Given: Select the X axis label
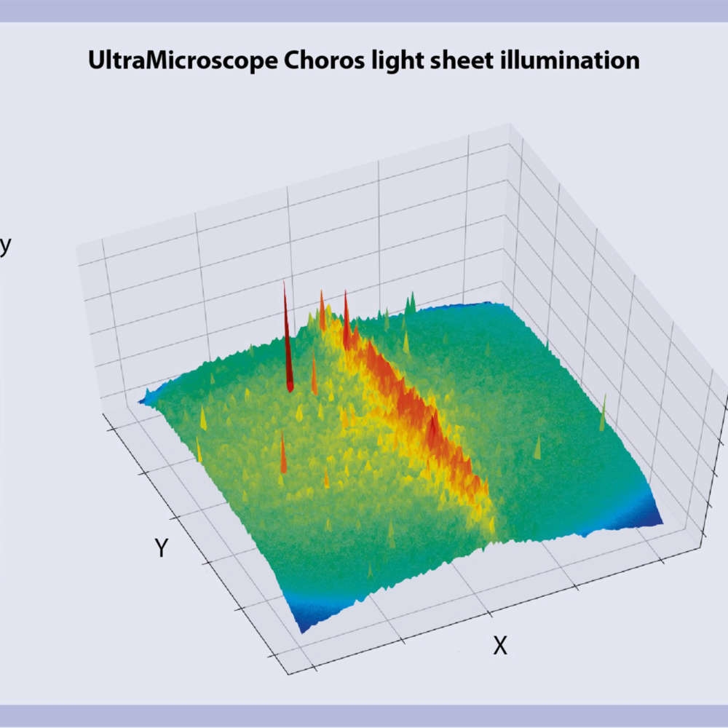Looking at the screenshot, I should [x=499, y=645].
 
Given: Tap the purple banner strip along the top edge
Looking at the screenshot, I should [x=364, y=10].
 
